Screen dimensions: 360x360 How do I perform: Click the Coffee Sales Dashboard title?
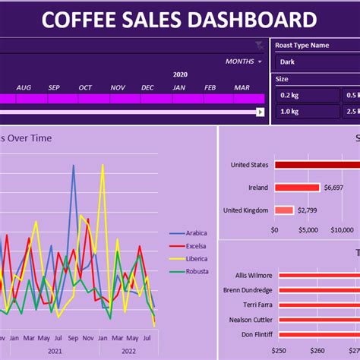pos(179,20)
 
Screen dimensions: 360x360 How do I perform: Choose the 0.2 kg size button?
pos(306,95)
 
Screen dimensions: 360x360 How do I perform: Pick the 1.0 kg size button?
pos(306,111)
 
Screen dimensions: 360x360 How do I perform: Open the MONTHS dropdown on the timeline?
pos(243,62)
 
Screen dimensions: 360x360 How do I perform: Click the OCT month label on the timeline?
pos(85,87)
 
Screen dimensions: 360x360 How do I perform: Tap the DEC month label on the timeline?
pos(147,87)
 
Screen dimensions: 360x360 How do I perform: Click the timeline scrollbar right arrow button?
pos(260,112)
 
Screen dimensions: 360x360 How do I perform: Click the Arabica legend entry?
pos(196,233)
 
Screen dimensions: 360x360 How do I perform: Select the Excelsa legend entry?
pos(196,246)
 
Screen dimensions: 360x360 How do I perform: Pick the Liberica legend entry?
pos(196,259)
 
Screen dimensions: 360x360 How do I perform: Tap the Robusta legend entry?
pos(196,271)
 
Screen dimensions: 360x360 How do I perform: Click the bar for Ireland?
pos(297,188)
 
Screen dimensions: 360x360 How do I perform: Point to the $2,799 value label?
pos(307,210)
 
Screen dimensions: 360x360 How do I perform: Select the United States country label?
pos(250,164)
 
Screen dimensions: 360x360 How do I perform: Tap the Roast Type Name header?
pos(302,45)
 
